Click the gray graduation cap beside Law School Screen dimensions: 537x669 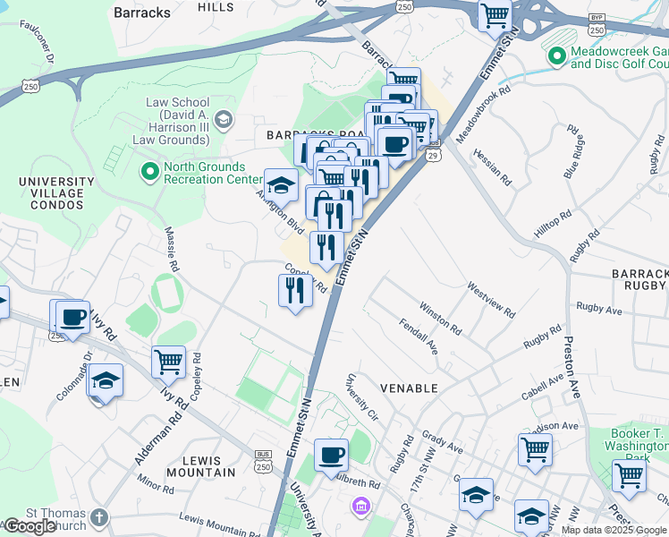223,119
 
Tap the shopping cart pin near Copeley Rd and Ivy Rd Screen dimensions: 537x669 168,362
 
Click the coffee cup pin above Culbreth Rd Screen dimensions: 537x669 330,455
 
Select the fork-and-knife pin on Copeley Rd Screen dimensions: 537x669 295,290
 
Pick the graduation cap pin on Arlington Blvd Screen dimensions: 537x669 281,185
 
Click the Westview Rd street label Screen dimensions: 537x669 491,301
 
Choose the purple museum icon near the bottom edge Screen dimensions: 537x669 361,507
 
